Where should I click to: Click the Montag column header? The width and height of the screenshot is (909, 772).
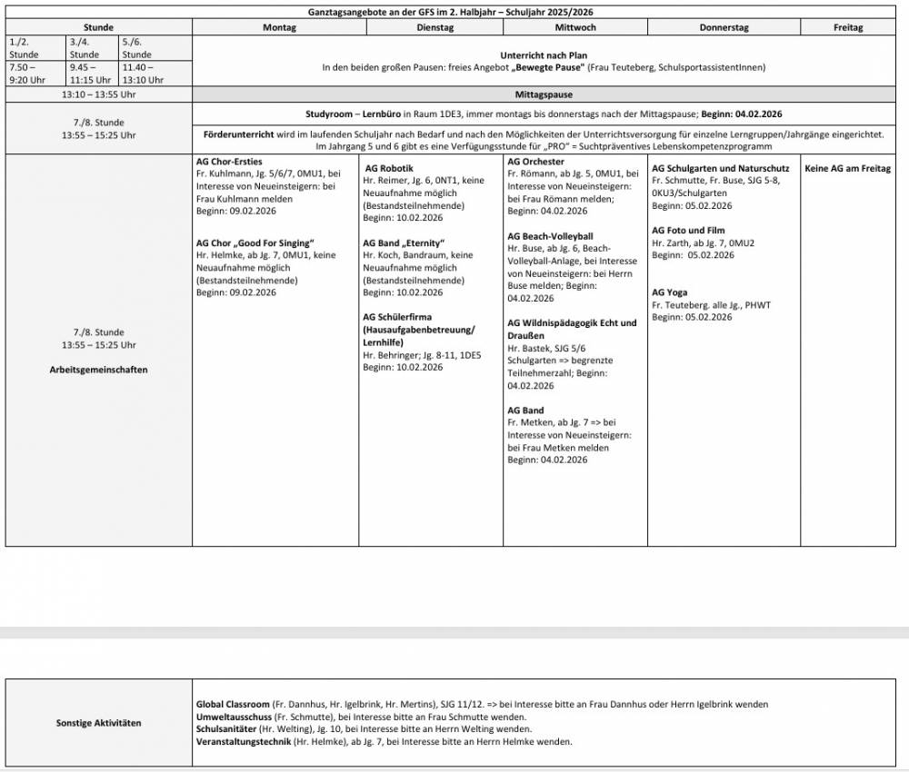(279, 27)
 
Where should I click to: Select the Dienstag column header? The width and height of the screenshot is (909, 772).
(435, 27)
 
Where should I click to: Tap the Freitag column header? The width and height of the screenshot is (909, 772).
(848, 27)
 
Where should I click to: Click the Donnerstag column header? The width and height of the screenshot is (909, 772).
(724, 27)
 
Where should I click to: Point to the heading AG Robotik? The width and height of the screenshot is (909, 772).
(389, 169)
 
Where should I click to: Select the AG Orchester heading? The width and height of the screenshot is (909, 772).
(535, 162)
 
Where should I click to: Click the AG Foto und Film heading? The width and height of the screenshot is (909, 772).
(688, 231)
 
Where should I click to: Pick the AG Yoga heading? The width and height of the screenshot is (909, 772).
(670, 292)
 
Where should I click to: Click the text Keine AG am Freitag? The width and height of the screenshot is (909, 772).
(847, 169)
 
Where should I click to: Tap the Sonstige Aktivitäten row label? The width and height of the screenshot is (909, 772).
(98, 723)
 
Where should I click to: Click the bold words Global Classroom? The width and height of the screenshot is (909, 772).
(233, 704)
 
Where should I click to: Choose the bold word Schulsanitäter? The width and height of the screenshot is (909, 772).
(226, 729)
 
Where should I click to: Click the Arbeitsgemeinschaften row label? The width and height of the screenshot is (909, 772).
(98, 370)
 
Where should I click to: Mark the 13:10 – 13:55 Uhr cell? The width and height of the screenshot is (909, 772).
(98, 94)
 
